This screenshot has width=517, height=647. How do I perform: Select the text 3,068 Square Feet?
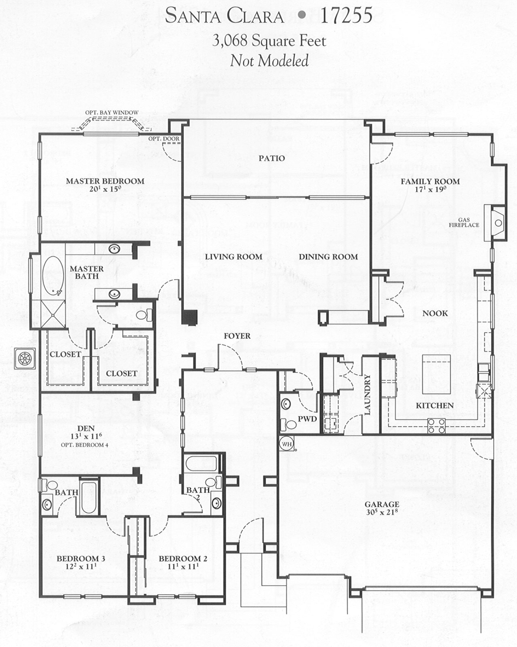point(269,41)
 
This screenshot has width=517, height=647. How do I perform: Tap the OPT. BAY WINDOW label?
point(112,113)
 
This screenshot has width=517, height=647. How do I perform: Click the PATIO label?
point(272,158)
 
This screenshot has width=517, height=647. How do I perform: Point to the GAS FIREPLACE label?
point(464,222)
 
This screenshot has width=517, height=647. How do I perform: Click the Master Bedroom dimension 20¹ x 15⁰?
point(105,189)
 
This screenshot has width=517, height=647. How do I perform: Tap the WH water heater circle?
point(286,444)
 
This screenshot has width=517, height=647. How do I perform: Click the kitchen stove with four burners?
point(436,426)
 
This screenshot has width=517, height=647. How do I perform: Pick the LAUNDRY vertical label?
point(367,395)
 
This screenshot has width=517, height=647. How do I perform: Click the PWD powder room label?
point(307,419)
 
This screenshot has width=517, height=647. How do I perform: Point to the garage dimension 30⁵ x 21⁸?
point(382,512)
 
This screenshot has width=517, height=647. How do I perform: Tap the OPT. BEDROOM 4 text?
point(84,445)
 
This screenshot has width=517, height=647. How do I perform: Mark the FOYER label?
point(237,336)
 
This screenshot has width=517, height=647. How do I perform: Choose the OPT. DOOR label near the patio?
point(164,139)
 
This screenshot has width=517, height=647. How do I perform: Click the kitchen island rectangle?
point(436,374)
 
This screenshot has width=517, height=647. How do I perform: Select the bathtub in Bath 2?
point(201,464)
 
